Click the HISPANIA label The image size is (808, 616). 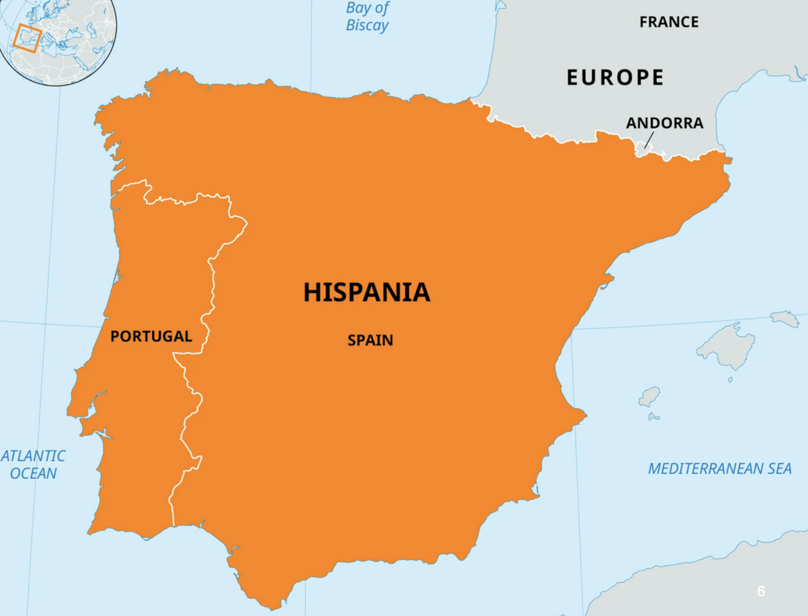coord(366,292)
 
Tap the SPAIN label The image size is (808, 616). coord(370,340)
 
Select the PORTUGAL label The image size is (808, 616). coord(151,336)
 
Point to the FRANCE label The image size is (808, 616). coord(669,22)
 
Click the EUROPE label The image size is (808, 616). coord(615,77)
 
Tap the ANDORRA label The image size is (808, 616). coord(664,123)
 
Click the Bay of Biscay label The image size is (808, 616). coord(367,16)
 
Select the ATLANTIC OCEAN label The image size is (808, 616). coord(33,464)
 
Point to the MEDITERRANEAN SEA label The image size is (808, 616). coord(720,469)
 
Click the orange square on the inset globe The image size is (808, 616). coord(27,38)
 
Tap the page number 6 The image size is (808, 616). coord(761,591)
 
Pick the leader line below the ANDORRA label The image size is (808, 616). coord(649,140)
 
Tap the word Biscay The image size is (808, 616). coord(367,25)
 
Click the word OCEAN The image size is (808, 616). coord(33,474)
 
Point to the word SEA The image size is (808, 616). coord(779,469)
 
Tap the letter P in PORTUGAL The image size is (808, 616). coord(115,336)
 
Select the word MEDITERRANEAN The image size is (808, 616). coord(705,469)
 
